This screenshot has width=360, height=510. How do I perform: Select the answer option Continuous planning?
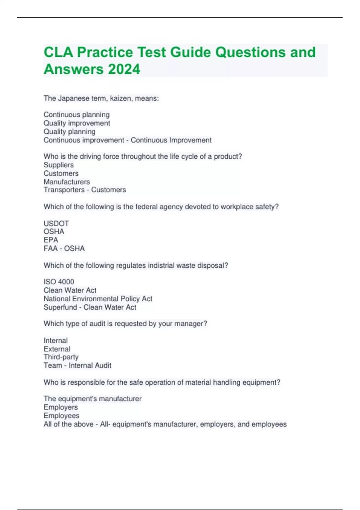(x=76, y=115)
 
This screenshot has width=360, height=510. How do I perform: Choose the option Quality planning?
(x=69, y=132)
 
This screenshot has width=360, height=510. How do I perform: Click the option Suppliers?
(x=58, y=165)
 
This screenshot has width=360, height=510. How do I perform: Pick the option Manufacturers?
(x=67, y=182)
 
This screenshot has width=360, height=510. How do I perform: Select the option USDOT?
(x=56, y=223)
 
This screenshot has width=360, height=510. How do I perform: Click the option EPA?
(x=51, y=240)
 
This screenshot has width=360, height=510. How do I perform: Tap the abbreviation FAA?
(x=50, y=248)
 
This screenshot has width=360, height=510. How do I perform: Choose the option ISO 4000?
(x=59, y=282)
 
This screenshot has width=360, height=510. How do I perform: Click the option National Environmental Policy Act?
(x=98, y=299)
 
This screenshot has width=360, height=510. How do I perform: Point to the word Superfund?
(x=60, y=307)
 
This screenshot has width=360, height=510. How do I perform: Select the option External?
(x=57, y=349)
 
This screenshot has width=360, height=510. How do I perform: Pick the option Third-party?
(x=61, y=357)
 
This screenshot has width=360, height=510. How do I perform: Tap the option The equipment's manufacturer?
(x=92, y=399)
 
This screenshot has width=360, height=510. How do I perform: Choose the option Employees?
(x=61, y=416)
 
